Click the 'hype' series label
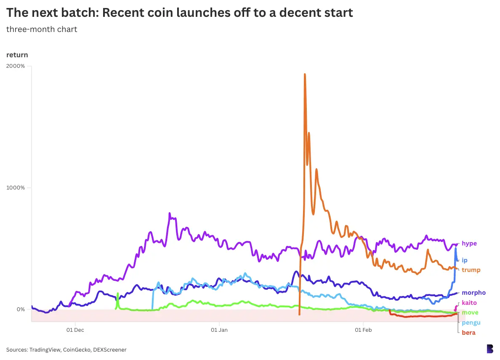(x=469, y=243)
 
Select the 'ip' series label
(x=465, y=260)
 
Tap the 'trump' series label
(x=471, y=270)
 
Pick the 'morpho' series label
(x=473, y=293)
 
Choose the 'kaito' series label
(x=469, y=303)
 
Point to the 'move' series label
(x=470, y=312)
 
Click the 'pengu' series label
(x=471, y=323)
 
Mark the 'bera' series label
(x=468, y=333)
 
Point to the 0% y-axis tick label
(x=21, y=309)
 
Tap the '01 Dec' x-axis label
(x=75, y=330)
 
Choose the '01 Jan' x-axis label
(x=219, y=330)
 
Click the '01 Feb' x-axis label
(x=362, y=330)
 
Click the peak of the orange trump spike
(x=305, y=75)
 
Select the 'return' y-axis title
(x=17, y=55)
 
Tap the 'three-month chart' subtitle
(x=42, y=29)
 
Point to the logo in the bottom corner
(x=489, y=349)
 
